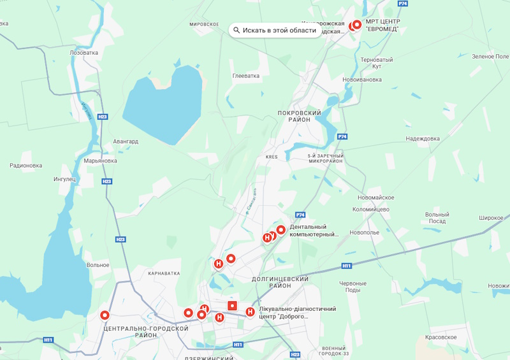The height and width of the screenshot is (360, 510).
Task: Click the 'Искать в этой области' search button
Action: [275, 30]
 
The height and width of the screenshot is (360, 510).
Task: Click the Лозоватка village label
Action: [84, 53]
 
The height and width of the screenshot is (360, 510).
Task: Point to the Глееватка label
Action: [246, 76]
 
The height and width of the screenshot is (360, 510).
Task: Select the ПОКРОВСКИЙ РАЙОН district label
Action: [299, 116]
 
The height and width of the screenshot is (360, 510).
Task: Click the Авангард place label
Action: [125, 141]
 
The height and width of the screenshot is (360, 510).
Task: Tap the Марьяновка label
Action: [100, 161]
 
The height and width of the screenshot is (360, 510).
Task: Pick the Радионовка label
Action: [25, 166]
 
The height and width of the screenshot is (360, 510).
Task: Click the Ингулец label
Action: [64, 179]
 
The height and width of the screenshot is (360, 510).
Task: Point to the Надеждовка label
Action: [423, 138]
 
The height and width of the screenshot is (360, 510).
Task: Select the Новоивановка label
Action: [362, 80]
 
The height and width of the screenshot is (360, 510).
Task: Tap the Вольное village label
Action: [98, 265]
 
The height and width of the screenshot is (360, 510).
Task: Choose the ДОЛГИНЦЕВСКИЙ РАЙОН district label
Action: [280, 282]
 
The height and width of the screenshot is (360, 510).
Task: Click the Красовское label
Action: [441, 336]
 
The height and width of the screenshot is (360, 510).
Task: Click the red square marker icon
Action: [233, 306]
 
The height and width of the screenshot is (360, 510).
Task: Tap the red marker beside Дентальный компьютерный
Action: [280, 229]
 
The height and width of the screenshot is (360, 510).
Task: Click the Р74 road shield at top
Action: [402, 4]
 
